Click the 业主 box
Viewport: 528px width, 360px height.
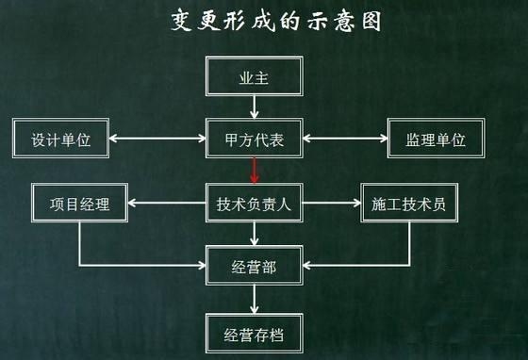coord(255,78)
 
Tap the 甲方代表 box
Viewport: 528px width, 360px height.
coord(255,140)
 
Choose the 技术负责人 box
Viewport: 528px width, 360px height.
coord(255,203)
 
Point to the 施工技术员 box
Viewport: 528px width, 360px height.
coord(408,203)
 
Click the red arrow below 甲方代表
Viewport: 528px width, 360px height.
coord(255,171)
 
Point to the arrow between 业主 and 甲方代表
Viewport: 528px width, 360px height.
coord(255,109)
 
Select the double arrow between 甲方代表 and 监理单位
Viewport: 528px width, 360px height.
coord(345,140)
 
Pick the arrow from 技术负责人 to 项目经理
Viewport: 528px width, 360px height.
coord(166,203)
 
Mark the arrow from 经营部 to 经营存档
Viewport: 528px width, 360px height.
coord(255,299)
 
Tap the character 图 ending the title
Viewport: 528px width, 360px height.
coord(371,21)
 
